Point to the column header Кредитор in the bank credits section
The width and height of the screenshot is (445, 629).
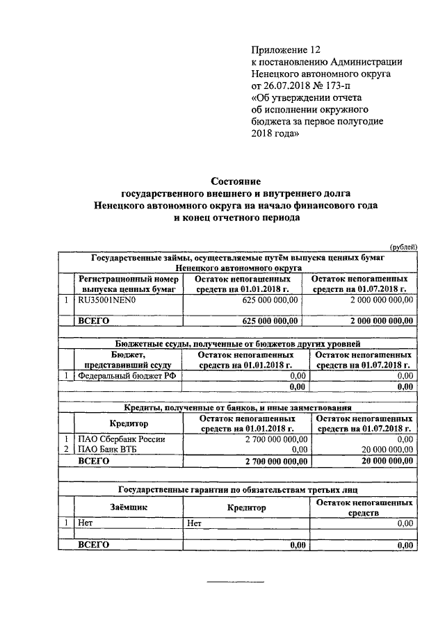(x=129, y=424)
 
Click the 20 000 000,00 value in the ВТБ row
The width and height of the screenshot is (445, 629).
(x=386, y=450)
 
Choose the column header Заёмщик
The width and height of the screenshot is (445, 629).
(x=129, y=507)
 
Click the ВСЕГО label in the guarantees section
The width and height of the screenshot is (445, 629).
(x=94, y=545)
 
